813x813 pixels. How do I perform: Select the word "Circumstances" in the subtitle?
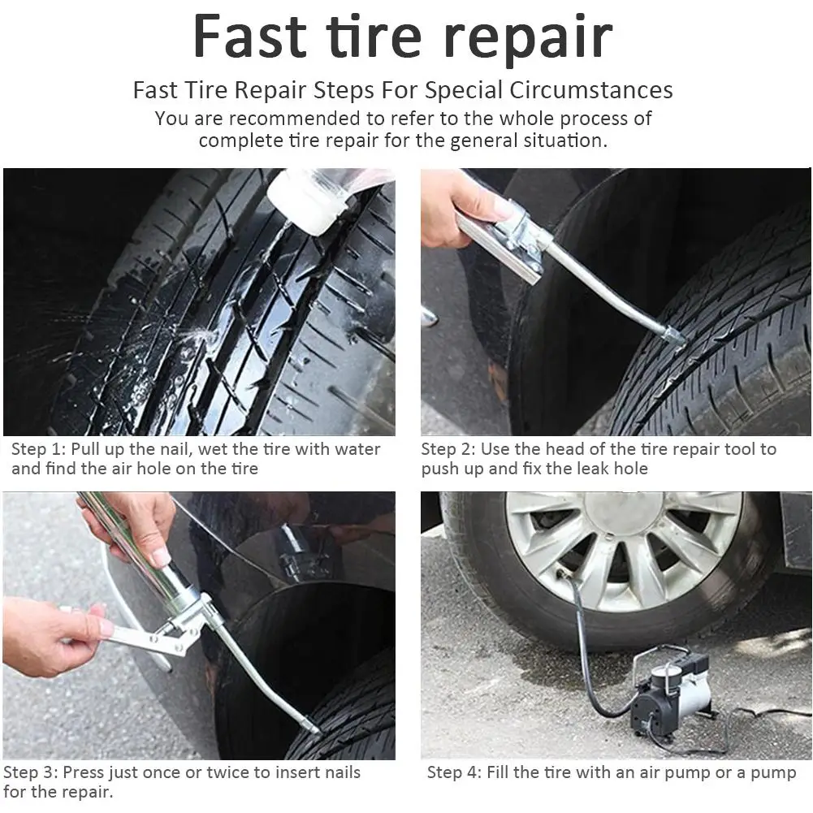[590, 89]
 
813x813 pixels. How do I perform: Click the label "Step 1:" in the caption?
[38, 449]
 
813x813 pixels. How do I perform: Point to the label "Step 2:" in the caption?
[448, 449]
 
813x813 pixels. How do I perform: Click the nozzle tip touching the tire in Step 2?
[673, 335]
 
